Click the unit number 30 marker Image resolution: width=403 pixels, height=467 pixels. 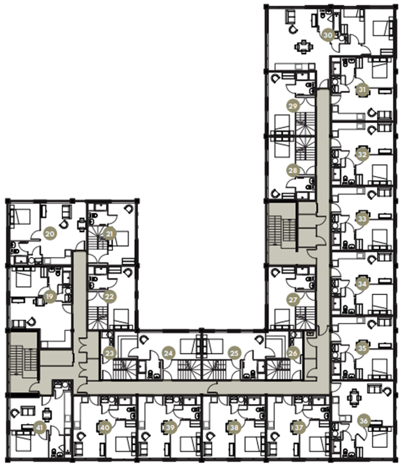327,35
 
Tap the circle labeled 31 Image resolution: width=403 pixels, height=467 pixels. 361,90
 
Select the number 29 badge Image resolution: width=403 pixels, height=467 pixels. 292,106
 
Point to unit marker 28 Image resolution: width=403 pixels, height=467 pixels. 292,170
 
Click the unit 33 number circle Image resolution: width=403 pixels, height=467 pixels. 361,219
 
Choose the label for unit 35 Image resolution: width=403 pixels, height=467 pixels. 361,348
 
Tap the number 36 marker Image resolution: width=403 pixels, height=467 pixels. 364,421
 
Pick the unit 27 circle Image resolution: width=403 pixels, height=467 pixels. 292,300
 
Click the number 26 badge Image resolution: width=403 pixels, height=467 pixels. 292,353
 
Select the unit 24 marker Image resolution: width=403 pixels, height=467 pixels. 169,353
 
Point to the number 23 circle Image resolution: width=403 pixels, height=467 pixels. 109,353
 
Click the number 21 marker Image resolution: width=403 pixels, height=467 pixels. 109,234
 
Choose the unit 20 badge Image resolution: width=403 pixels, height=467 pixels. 50,234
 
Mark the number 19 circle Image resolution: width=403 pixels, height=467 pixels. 50,296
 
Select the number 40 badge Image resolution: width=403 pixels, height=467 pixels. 105,427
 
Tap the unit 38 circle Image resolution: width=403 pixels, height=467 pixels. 234,427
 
